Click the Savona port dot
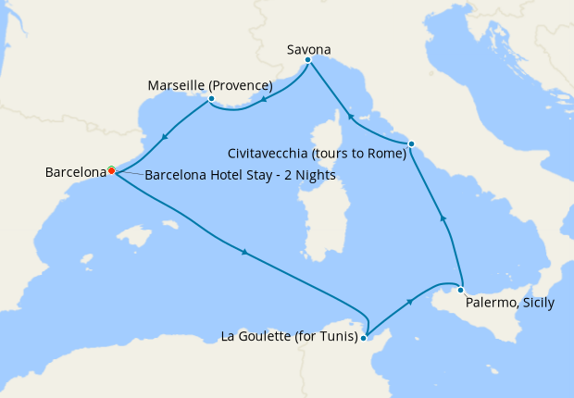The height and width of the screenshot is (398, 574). tap(307, 62)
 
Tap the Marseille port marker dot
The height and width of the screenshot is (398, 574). tap(211, 99)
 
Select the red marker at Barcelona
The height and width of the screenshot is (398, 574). tap(111, 170)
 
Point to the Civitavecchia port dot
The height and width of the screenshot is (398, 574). tap(411, 143)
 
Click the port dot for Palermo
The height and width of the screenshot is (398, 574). tap(460, 290)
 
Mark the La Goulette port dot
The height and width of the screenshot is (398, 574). tap(363, 338)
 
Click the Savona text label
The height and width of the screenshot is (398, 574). tap(309, 49)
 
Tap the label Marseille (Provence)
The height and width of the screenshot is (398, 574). tap(210, 86)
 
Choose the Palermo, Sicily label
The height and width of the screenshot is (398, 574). tap(509, 303)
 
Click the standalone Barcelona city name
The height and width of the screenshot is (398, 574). tap(75, 172)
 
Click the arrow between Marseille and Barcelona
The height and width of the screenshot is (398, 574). tap(164, 138)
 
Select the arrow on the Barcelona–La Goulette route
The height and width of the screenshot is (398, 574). tap(244, 252)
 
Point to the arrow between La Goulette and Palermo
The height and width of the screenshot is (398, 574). tap(409, 302)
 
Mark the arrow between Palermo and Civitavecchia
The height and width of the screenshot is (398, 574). tap(443, 218)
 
